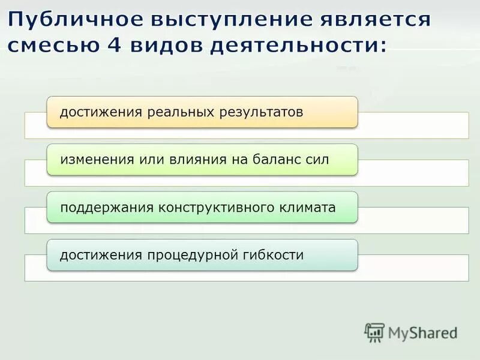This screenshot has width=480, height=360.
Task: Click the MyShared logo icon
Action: coord(374,332)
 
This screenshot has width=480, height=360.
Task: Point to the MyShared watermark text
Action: coord(423,332)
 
